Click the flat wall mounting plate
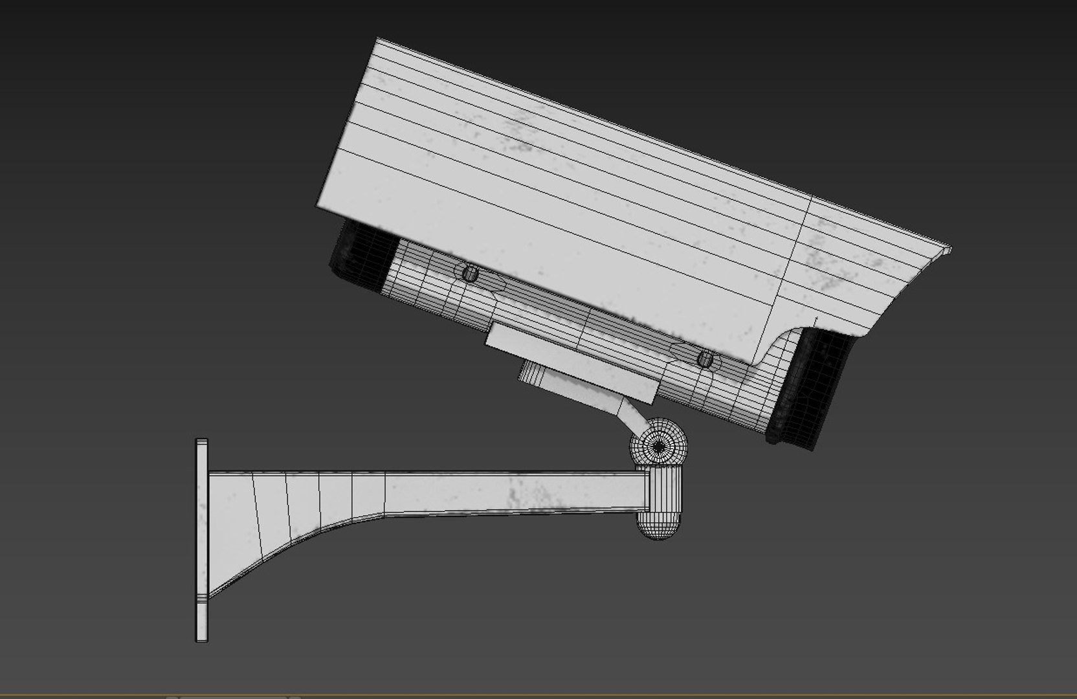202,540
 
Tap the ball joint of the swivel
658,445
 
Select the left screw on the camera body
469,272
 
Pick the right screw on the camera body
705,359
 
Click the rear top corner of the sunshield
378,40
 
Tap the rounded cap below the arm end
657,524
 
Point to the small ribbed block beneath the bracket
533,375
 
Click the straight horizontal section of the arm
518,492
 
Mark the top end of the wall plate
202,443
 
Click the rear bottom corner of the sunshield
318,206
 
